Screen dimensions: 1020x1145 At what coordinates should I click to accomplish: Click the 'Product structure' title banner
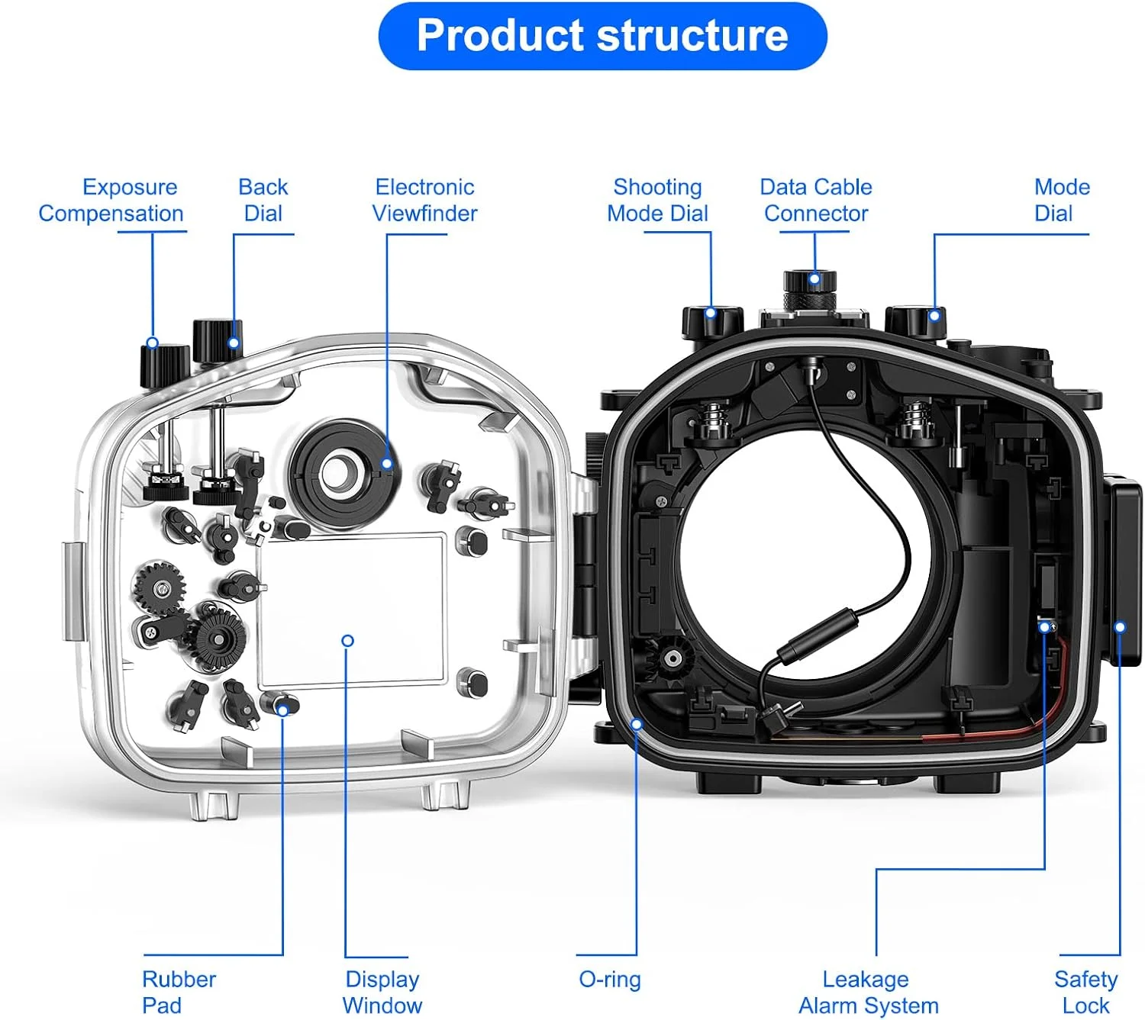pyautogui.click(x=602, y=36)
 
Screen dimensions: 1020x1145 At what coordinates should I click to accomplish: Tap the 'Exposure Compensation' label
pyautogui.click(x=111, y=200)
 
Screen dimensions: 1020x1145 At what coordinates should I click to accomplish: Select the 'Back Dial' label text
pyautogui.click(x=263, y=200)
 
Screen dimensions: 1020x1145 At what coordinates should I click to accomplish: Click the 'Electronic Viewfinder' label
pyautogui.click(x=424, y=200)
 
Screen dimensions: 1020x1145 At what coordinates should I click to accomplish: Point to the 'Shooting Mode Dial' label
pyautogui.click(x=657, y=200)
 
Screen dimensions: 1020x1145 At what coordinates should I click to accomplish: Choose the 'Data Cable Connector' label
pyautogui.click(x=815, y=200)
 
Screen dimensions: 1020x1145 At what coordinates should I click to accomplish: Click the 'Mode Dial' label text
pyautogui.click(x=1061, y=200)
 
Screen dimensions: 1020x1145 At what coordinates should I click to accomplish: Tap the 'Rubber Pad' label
pyautogui.click(x=178, y=992)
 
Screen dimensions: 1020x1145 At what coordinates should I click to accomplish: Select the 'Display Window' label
pyautogui.click(x=382, y=992)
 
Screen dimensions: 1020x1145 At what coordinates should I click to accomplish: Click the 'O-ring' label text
pyautogui.click(x=610, y=980)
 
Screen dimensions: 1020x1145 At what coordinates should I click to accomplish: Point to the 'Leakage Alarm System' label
pyautogui.click(x=868, y=992)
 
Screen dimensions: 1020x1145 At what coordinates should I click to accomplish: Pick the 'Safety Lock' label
pyautogui.click(x=1085, y=992)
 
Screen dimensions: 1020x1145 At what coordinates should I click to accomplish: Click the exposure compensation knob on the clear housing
pyautogui.click(x=164, y=365)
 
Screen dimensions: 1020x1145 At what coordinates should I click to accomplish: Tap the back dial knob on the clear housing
pyautogui.click(x=217, y=340)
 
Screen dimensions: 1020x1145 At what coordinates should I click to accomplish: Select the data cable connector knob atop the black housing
pyautogui.click(x=810, y=290)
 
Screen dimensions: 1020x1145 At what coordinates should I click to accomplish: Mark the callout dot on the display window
pyautogui.click(x=347, y=641)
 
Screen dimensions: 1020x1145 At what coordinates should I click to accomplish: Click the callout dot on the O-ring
pyautogui.click(x=637, y=723)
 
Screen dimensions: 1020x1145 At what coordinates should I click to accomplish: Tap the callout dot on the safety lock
pyautogui.click(x=1120, y=627)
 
